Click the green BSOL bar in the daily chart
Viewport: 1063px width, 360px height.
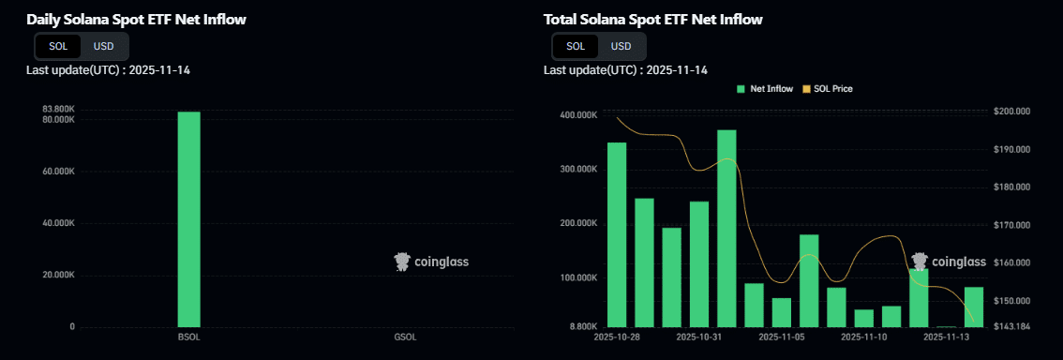(189, 219)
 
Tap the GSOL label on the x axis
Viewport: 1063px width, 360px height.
(405, 337)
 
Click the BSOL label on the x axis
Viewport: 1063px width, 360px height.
(189, 337)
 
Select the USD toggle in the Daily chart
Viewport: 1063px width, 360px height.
(103, 46)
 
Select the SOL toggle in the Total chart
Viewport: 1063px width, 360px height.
(576, 46)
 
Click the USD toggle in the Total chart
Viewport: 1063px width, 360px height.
(621, 46)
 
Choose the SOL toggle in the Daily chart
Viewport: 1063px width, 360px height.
(58, 46)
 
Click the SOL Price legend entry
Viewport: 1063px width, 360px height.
(827, 89)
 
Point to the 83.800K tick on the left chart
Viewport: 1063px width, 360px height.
(58, 110)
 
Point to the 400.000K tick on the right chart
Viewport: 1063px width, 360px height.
(578, 114)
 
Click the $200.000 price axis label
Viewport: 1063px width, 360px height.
(1011, 112)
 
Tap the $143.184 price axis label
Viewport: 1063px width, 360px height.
(1011, 326)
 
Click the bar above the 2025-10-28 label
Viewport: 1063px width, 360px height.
(617, 234)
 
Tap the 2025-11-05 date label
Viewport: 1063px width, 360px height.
(782, 337)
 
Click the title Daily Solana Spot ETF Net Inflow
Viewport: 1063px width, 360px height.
(137, 19)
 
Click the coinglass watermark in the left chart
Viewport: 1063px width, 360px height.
(431, 262)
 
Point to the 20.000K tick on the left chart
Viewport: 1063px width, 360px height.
(58, 275)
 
